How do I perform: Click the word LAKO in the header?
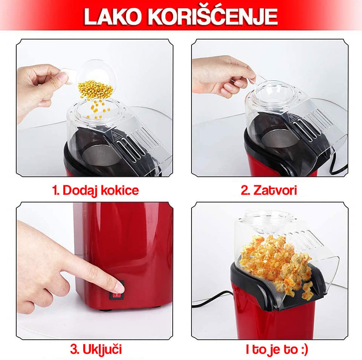coord(112,17)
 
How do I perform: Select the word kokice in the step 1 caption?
coord(120,190)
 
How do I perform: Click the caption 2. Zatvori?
coord(269,191)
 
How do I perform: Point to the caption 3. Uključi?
coord(96,349)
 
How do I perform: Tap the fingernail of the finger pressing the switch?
coord(120,287)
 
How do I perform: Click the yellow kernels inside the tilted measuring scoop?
coord(95,89)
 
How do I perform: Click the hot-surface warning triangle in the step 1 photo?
coord(114,135)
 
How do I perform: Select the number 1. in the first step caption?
coord(56,191)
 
